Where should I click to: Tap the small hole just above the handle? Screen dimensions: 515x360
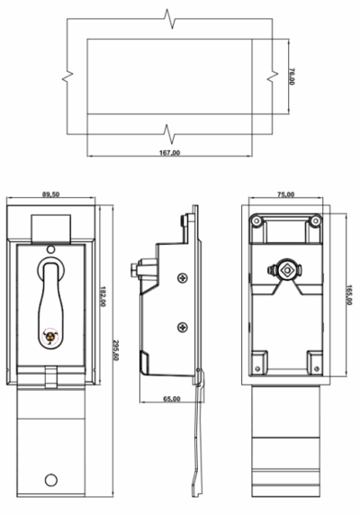(x=50, y=248)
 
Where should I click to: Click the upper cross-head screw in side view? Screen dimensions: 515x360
(x=184, y=278)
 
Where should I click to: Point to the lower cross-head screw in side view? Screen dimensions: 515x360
(x=184, y=327)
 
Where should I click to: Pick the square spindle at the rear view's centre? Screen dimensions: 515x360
(x=287, y=269)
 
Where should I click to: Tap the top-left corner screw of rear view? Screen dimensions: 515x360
(x=257, y=220)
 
